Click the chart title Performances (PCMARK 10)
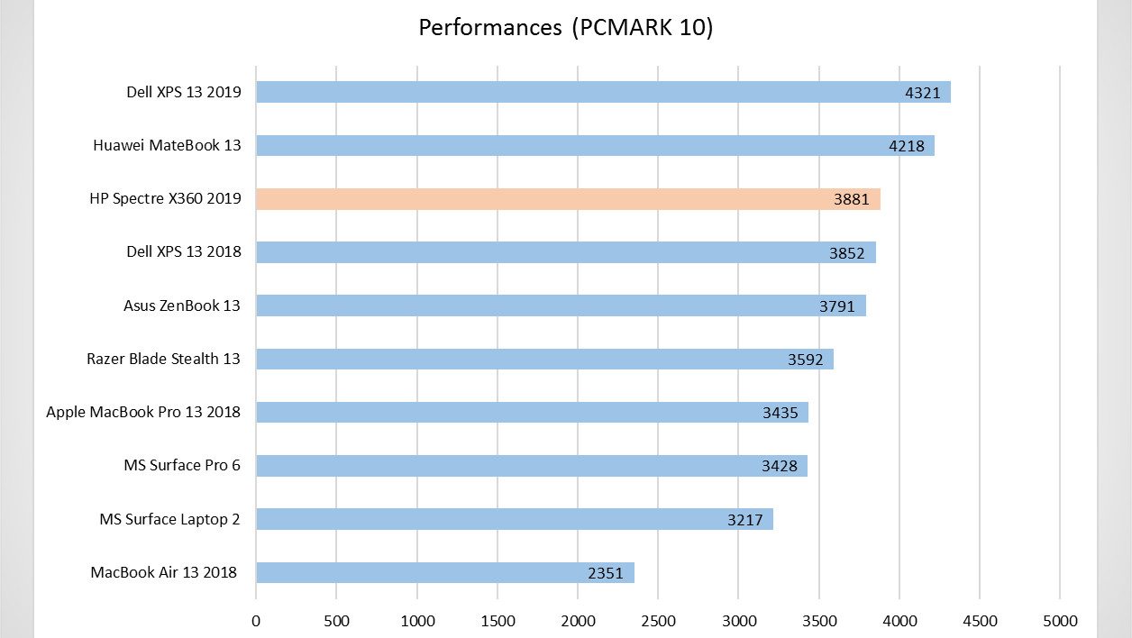[x=566, y=27]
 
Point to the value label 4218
[x=907, y=146]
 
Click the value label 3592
[x=806, y=360]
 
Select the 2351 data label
[x=606, y=573]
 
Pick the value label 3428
[x=780, y=467]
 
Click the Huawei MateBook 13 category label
[x=167, y=145]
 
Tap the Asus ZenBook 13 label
[x=182, y=305]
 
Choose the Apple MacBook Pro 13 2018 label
[x=143, y=412]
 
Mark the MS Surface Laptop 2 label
[x=170, y=519]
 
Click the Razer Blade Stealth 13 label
[x=163, y=359]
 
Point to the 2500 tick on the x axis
[x=658, y=621]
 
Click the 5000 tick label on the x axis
[x=1060, y=621]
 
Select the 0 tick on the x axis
[x=256, y=621]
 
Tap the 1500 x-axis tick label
[x=498, y=621]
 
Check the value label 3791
[x=837, y=306]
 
